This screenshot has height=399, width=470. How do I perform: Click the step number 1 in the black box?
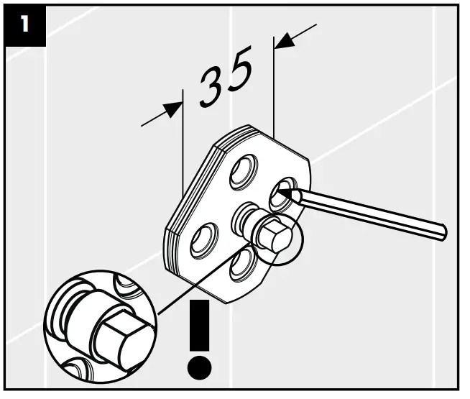point(25,24)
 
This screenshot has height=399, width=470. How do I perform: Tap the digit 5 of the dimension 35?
point(239,70)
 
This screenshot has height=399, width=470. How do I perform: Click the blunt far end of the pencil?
point(443,231)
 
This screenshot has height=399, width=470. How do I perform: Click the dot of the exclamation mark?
point(199,367)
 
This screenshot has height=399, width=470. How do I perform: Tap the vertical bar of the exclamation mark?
point(199,325)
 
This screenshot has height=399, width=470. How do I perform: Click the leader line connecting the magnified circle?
point(205,279)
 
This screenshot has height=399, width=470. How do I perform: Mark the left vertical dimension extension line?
point(183,142)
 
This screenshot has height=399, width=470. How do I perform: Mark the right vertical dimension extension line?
point(274,88)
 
